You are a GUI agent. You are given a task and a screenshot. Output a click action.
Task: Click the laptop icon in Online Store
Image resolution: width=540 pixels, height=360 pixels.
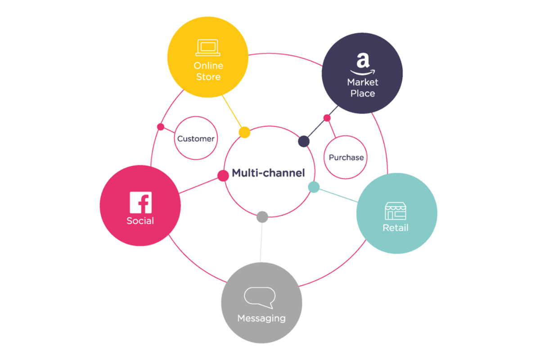point(207,48)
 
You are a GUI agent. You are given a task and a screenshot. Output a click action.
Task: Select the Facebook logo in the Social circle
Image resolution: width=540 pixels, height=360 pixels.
point(140,202)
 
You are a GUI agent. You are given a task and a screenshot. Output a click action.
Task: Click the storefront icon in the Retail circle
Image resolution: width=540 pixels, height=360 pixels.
point(396,211)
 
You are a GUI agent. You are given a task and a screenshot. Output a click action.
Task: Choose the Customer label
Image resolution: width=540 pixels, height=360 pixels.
point(196,139)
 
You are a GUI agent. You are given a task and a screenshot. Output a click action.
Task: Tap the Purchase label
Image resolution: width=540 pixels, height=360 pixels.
point(346,157)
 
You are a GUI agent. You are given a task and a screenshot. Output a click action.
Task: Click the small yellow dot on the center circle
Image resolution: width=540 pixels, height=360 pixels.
point(244,132)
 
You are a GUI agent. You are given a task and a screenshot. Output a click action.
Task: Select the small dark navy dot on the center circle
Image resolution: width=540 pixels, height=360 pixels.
point(304,141)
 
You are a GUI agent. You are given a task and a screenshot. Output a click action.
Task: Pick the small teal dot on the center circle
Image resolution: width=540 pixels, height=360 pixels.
point(314,187)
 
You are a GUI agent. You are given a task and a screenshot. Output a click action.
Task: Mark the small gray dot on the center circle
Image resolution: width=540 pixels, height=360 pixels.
point(262,217)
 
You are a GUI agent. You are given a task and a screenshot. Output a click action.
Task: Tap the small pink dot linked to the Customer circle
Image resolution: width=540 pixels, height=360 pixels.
point(161,127)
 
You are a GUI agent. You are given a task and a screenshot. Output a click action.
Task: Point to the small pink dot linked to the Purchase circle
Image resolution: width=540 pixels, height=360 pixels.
point(327,118)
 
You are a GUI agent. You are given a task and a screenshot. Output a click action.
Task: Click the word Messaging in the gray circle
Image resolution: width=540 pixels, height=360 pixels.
point(261,318)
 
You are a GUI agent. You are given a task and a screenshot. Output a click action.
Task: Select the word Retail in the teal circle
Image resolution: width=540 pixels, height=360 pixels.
point(396,228)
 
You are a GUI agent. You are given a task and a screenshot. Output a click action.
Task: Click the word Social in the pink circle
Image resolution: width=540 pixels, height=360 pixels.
point(140,221)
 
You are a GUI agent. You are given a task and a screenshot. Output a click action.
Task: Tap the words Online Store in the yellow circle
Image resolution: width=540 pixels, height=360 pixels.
point(208,71)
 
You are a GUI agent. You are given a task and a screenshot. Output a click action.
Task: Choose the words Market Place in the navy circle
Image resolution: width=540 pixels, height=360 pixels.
point(363,88)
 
